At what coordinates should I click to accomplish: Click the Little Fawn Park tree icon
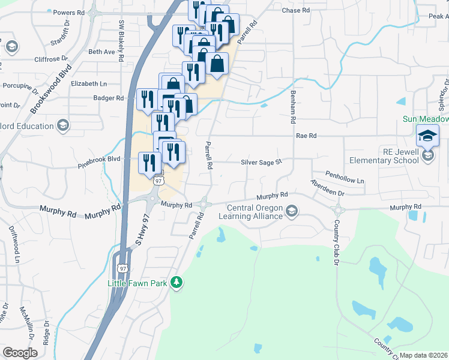pos(176,282)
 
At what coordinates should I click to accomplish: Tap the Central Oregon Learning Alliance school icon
pos(292,210)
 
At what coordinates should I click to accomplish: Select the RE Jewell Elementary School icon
pos(427,156)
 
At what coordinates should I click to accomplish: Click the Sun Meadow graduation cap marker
pos(428,137)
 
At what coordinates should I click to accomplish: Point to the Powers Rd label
pos(68,13)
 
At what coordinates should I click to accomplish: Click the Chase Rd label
pos(295,11)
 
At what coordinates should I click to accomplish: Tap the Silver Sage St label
pos(261,162)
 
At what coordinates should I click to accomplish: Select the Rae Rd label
pos(306,136)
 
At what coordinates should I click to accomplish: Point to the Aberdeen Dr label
pos(327,188)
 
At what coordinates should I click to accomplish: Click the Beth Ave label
pos(101,52)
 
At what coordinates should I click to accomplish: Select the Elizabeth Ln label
pos(88,84)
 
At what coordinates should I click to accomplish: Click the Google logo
pos(20,353)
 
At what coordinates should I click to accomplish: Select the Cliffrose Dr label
pos(56,59)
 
